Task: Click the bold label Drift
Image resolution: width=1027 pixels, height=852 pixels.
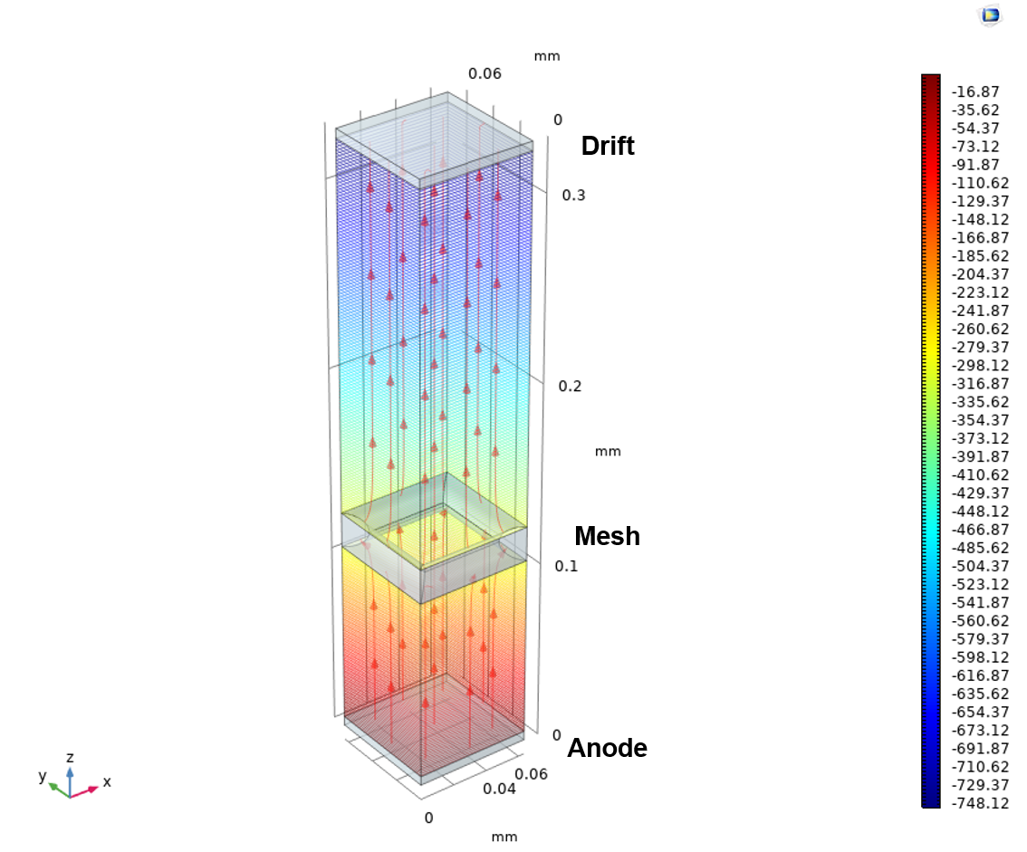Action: pos(607,146)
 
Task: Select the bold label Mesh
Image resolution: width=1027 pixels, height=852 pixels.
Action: pos(607,536)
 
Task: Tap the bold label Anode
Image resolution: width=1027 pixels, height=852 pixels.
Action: pos(607,748)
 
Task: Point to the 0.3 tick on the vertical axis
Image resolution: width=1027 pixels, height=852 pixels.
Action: pos(574,196)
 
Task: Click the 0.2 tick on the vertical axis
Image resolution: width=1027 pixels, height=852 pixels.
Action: pos(570,387)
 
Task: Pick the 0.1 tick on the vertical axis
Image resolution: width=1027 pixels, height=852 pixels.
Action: pos(567,566)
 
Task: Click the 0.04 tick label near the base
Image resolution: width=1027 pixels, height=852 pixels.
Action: pos(499,790)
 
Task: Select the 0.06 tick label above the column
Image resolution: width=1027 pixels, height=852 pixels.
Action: pos(485,73)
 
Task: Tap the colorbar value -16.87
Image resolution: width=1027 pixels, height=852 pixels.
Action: pos(976,91)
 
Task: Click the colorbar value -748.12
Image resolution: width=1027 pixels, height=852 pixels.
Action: pos(981,803)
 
